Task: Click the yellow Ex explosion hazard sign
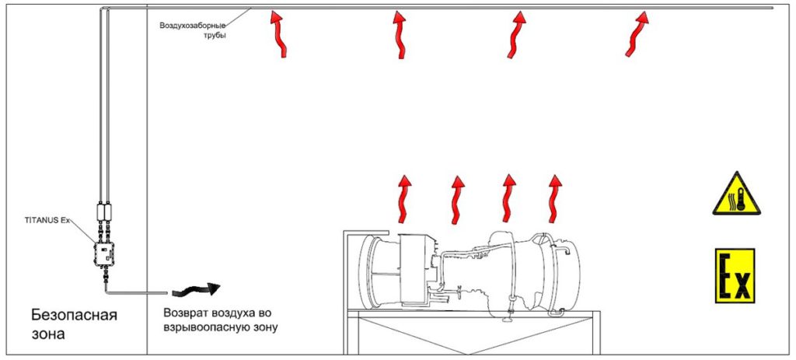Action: [735, 276]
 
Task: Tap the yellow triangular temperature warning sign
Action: [737, 194]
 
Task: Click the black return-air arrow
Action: [196, 290]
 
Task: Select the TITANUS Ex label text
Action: [46, 220]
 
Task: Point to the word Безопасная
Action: [74, 316]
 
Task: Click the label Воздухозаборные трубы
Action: [193, 30]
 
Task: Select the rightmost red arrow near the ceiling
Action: [638, 34]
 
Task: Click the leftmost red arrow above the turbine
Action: [403, 200]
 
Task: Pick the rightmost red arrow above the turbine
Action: [554, 199]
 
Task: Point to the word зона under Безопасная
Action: [48, 334]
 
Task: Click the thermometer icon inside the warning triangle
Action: [741, 199]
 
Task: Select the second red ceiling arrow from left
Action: [400, 34]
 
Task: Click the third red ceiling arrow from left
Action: [517, 34]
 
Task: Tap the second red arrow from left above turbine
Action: [457, 200]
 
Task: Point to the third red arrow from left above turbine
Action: [508, 199]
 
